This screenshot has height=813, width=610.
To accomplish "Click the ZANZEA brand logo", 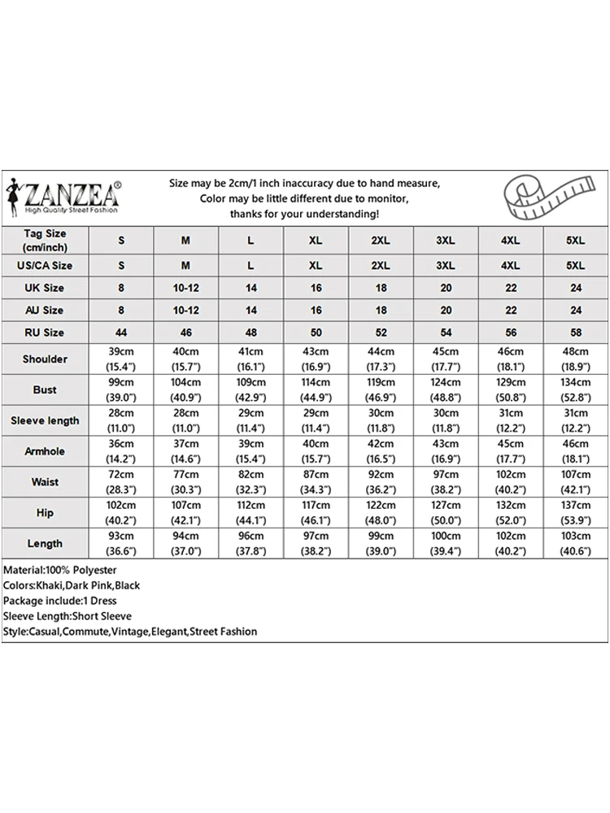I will (x=68, y=198).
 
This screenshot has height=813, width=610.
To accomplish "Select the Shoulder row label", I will (x=45, y=359).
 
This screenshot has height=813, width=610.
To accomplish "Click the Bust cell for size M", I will (x=185, y=390).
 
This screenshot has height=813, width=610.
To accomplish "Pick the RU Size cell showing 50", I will (x=316, y=333).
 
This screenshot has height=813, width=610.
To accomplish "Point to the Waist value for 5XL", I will (x=575, y=482).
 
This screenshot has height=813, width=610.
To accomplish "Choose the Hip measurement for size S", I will (x=121, y=513).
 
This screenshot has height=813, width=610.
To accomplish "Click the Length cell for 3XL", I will (x=445, y=544).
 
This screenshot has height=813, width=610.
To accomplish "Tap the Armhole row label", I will (x=45, y=451).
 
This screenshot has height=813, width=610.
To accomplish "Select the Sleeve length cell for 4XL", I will (x=510, y=421).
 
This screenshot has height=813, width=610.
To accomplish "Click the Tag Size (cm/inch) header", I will (x=45, y=240).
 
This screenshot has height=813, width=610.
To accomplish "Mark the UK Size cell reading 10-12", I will (x=185, y=288).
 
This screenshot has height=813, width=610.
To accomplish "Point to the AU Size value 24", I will (x=575, y=311).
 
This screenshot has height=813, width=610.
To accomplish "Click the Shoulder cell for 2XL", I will (x=381, y=359).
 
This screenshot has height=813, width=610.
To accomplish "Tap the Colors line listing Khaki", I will (x=72, y=585).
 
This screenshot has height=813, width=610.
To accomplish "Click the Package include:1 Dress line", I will (x=60, y=601).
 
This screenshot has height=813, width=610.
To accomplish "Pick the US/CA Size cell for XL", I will (x=316, y=266).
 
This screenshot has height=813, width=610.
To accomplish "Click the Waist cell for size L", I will (x=251, y=482).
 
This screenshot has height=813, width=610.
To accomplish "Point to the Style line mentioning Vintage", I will (x=130, y=632).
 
